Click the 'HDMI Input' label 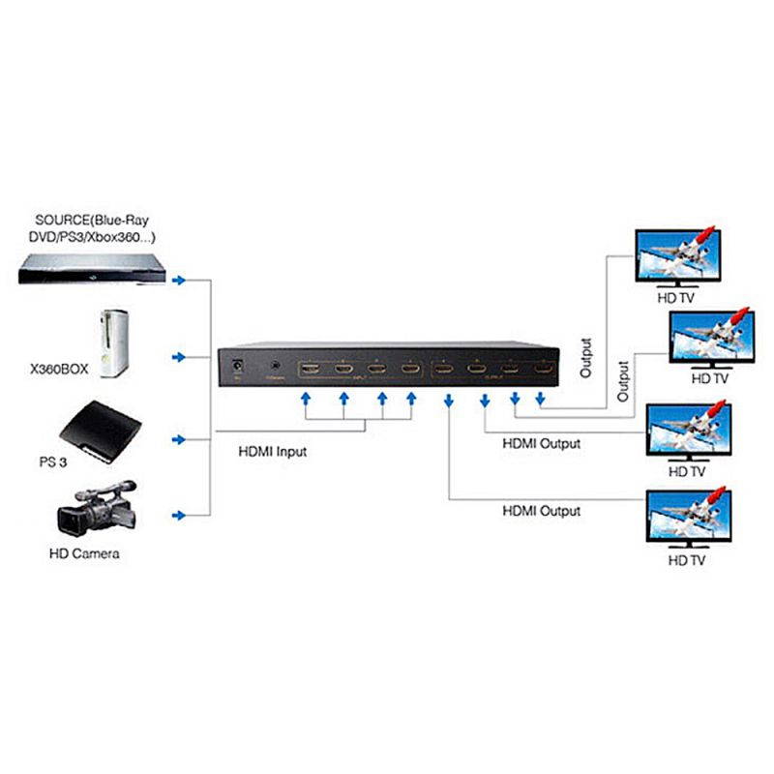(272, 451)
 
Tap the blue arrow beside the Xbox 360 (178, 358)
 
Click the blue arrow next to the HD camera (178, 515)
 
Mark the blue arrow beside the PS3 (178, 440)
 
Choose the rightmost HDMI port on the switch (544, 369)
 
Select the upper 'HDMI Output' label (541, 444)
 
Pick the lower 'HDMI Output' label (541, 511)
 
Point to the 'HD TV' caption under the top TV (676, 299)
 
